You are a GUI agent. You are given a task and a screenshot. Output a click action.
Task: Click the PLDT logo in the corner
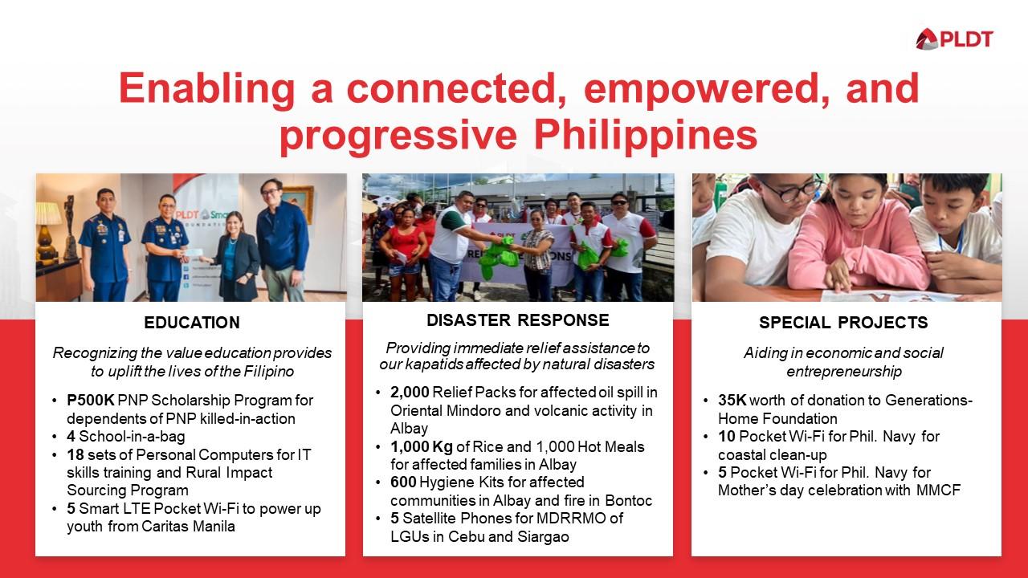pyautogui.click(x=954, y=39)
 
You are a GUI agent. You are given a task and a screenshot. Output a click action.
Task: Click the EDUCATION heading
pyautogui.click(x=192, y=323)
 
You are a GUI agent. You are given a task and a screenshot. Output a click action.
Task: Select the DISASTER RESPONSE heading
pyautogui.click(x=517, y=320)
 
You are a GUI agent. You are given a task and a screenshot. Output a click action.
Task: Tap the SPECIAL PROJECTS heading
pyautogui.click(x=843, y=323)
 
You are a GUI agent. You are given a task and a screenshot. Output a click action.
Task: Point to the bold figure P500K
pyautogui.click(x=90, y=400)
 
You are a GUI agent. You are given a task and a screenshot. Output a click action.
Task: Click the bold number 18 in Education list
pyautogui.click(x=75, y=454)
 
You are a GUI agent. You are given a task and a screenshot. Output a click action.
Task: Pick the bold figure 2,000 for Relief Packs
pyautogui.click(x=410, y=393)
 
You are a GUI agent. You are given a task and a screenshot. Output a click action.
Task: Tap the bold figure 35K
pyautogui.click(x=732, y=401)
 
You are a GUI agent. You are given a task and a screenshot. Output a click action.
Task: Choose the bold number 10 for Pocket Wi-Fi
pyautogui.click(x=726, y=437)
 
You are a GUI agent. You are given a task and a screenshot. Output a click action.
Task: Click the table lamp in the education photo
pyautogui.click(x=48, y=221)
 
